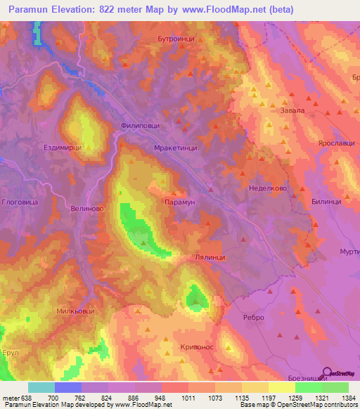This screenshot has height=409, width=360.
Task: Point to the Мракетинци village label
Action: click(x=174, y=148)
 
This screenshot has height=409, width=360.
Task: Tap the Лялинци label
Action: click(x=209, y=258)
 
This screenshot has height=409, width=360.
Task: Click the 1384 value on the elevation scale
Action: click(x=348, y=398)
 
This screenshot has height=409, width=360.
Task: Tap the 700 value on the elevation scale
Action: click(x=53, y=398)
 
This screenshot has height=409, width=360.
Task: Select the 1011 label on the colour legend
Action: click(x=187, y=398)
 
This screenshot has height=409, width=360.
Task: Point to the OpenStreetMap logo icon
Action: click(x=328, y=373)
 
